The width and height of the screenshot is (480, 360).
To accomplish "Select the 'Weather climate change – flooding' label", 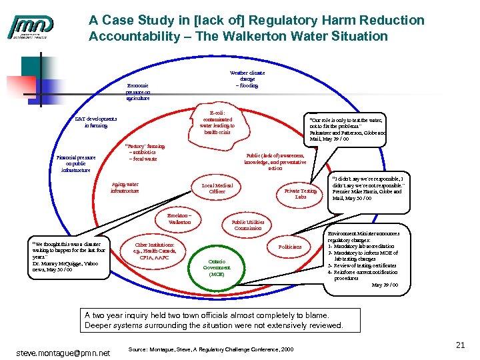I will point(247,79).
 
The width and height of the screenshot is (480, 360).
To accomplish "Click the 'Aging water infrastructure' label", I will point(125,187).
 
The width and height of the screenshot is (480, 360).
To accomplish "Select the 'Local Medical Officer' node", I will point(217,188).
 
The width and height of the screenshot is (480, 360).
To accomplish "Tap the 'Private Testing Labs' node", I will point(301,194).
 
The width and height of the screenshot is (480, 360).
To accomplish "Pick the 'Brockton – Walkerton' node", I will point(180,219).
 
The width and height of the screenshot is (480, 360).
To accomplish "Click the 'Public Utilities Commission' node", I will point(248,225).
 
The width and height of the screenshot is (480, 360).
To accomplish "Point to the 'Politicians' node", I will point(289,247).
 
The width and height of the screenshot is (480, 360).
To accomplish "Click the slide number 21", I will point(460,345).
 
